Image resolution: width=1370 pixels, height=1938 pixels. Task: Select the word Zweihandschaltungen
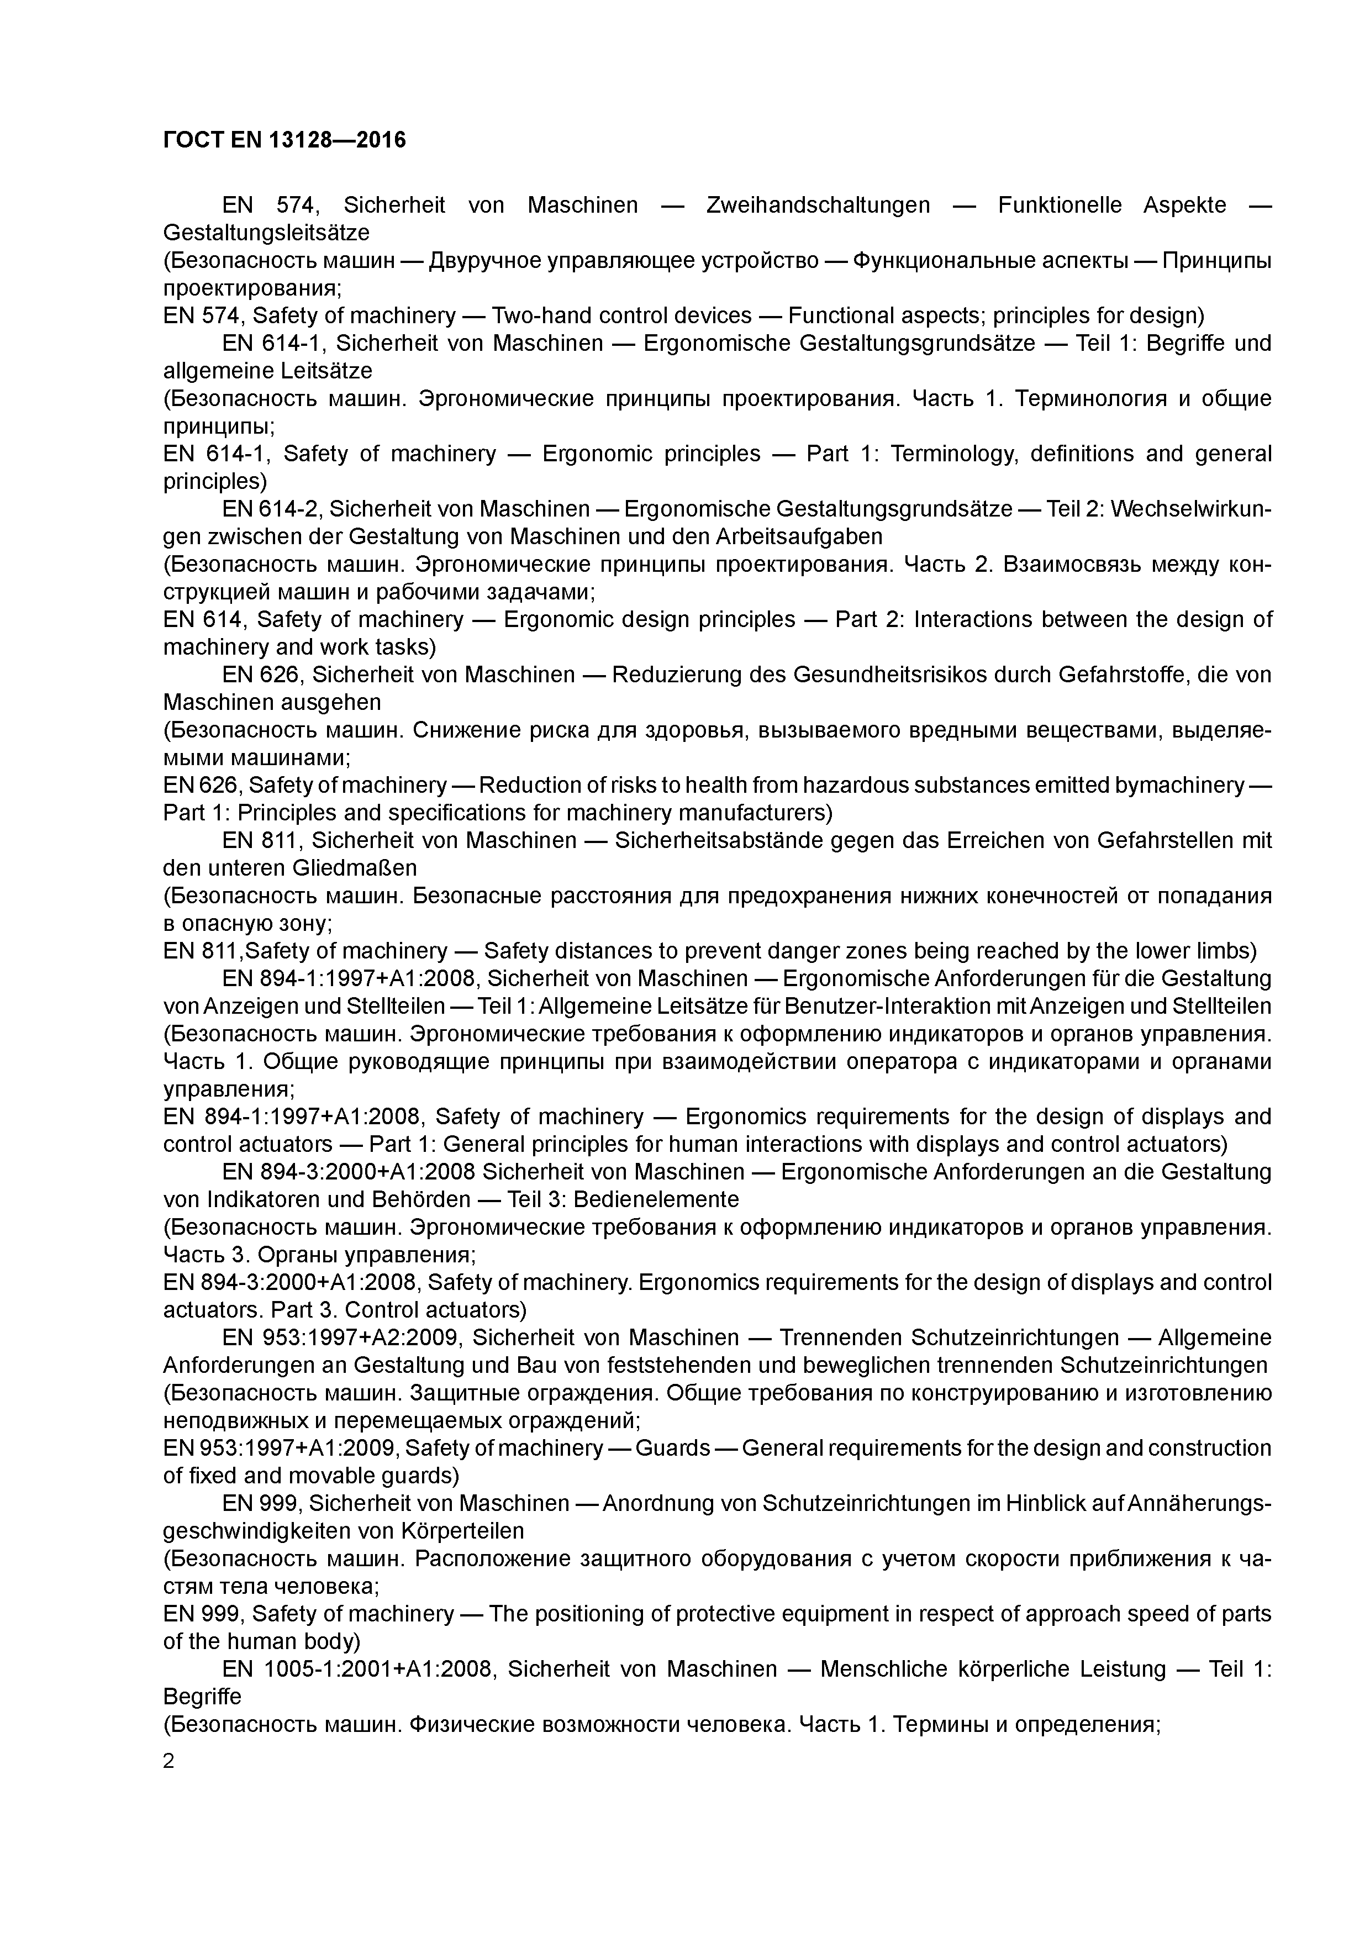pyautogui.click(x=817, y=205)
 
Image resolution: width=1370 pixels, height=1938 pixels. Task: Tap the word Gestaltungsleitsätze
pyautogui.click(x=266, y=232)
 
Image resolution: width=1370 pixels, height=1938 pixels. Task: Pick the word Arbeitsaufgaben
pyautogui.click(x=799, y=537)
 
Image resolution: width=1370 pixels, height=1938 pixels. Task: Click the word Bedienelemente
pyautogui.click(x=656, y=1199)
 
